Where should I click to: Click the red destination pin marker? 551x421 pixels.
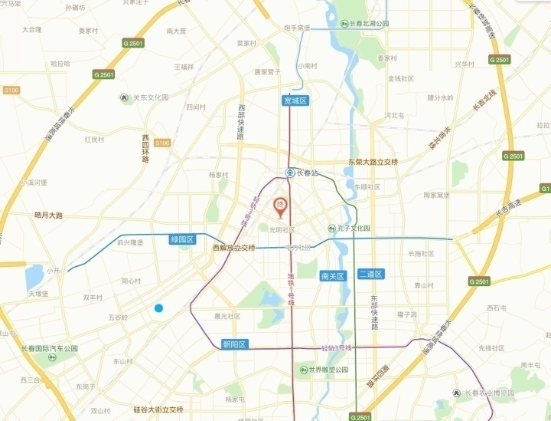[280, 206]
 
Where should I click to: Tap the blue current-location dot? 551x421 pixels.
[158, 308]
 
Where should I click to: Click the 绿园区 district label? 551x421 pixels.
[184, 239]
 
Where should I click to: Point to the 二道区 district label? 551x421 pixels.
[370, 274]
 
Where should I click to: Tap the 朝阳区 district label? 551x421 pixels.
[234, 344]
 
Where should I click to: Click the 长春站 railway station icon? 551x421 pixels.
[290, 173]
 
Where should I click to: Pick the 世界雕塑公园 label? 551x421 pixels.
[328, 370]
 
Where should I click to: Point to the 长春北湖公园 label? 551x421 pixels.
[361, 24]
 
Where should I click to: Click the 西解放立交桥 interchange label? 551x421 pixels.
[234, 248]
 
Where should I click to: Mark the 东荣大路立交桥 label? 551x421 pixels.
[373, 162]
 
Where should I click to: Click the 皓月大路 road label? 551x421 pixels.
[48, 215]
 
